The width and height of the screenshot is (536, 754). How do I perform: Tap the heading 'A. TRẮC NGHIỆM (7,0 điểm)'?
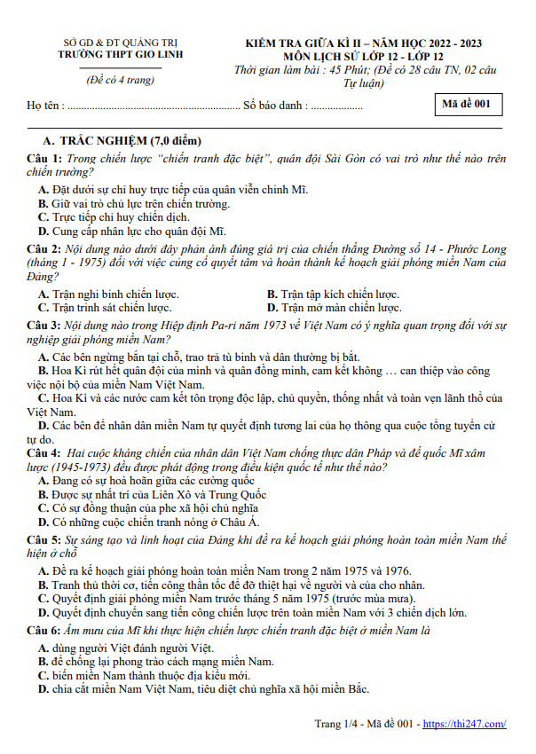click(x=122, y=142)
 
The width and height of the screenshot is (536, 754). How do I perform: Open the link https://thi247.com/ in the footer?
click(x=464, y=724)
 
